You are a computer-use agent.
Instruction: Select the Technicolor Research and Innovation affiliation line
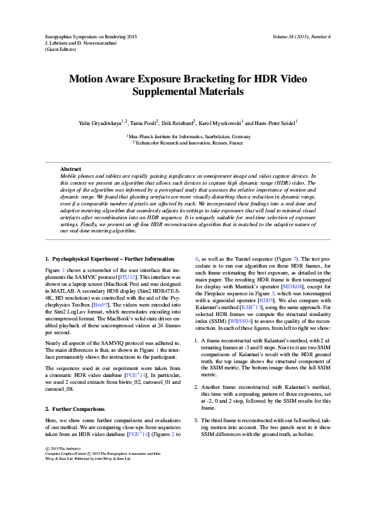(188, 143)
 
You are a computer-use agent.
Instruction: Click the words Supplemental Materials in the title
(187, 92)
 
